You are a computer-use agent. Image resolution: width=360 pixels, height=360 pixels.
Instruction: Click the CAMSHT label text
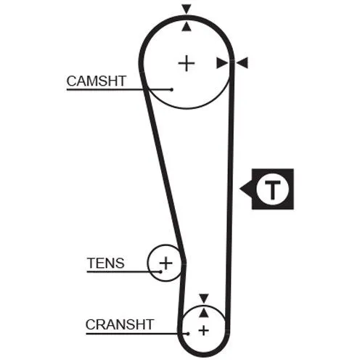(97, 81)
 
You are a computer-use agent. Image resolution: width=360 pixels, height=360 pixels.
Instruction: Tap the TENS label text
(106, 263)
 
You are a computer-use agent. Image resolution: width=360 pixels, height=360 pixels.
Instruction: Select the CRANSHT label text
(120, 324)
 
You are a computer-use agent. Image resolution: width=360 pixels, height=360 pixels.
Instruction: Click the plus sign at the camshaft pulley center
(187, 63)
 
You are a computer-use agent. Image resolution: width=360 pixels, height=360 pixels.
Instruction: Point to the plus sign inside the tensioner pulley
(165, 263)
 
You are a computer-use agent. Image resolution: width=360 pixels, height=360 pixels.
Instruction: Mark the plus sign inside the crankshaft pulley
(203, 330)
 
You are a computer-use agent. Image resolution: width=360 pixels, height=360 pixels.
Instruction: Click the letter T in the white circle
(273, 189)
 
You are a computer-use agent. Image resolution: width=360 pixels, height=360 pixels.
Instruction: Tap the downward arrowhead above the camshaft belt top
(187, 9)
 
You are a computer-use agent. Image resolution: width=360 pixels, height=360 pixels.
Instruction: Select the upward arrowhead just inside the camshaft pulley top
(187, 26)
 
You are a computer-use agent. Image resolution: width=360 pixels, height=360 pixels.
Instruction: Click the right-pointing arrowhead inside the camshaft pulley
(222, 63)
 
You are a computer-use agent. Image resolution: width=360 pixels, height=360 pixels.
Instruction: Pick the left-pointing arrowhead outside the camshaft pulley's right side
(242, 63)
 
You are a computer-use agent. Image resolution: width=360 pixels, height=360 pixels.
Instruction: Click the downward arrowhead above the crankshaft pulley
(204, 299)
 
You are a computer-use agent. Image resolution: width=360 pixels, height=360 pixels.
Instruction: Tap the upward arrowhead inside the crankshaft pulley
(204, 312)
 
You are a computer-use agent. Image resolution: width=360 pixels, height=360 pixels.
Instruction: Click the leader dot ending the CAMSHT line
(172, 89)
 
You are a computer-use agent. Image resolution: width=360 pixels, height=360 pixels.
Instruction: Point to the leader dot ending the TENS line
(160, 271)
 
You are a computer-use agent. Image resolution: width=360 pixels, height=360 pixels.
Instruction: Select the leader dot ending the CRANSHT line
(188, 334)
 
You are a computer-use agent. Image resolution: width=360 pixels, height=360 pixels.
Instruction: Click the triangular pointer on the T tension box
(246, 189)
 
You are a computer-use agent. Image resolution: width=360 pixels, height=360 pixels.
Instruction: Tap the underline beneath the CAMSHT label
(119, 90)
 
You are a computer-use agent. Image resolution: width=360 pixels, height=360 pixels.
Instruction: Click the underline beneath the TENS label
(123, 271)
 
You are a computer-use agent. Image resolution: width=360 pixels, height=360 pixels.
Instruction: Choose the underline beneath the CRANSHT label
(137, 334)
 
